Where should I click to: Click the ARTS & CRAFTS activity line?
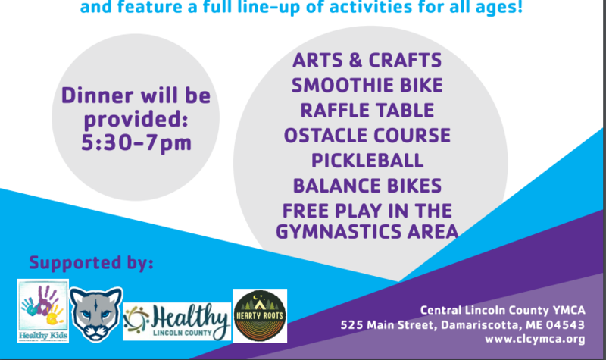pyautogui.click(x=367, y=61)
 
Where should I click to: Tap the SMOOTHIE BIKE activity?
pyautogui.click(x=367, y=86)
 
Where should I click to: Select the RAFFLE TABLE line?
pyautogui.click(x=367, y=111)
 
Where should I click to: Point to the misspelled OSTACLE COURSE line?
pyautogui.click(x=367, y=136)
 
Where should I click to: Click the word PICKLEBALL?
pyautogui.click(x=367, y=161)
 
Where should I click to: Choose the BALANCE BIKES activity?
pyautogui.click(x=367, y=186)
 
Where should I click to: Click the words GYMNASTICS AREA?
pyautogui.click(x=367, y=232)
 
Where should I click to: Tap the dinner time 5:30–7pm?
pyautogui.click(x=136, y=143)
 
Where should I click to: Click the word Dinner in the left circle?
pyautogui.click(x=98, y=95)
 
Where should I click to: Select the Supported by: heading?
pyautogui.click(x=91, y=263)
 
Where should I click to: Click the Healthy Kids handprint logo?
pyautogui.click(x=43, y=311)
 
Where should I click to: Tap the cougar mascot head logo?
pyautogui.click(x=96, y=314)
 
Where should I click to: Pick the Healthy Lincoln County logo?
pyautogui.click(x=177, y=321)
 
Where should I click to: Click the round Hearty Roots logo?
pyautogui.click(x=260, y=315)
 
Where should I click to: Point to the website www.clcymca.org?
pyautogui.click(x=535, y=339)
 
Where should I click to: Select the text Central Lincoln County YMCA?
pyautogui.click(x=503, y=310)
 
